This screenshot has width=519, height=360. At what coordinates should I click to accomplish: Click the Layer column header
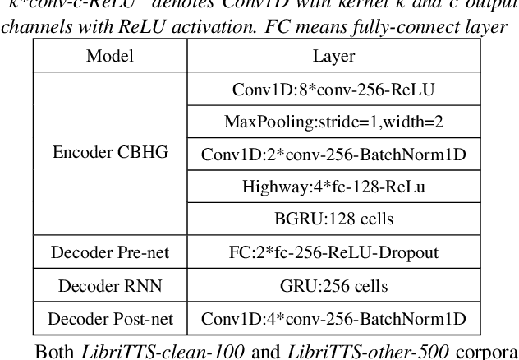333,57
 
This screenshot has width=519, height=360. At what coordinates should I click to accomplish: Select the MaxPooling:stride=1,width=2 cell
333,121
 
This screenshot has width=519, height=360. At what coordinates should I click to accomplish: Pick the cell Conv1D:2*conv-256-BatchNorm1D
333,154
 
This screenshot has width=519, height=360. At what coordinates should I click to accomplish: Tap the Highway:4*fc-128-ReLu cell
333,186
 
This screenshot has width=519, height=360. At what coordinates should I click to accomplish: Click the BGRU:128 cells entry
333,219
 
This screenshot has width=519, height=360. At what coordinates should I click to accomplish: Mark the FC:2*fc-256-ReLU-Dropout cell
333,252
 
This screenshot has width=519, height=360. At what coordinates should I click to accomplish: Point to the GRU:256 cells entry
333,285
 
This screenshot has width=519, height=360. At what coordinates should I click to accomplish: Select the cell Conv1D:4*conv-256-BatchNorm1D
333,318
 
